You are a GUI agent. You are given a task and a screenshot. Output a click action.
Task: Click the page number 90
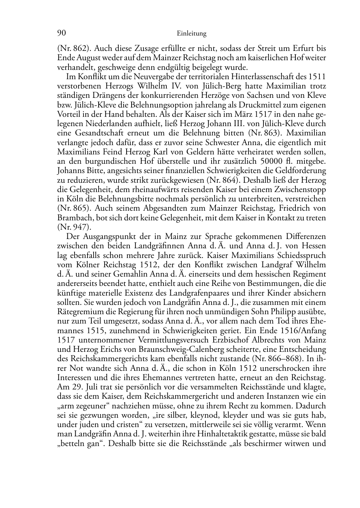pyautogui.click(x=61, y=33)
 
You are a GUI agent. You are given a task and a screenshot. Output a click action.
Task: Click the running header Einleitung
pyautogui.click(x=191, y=34)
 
